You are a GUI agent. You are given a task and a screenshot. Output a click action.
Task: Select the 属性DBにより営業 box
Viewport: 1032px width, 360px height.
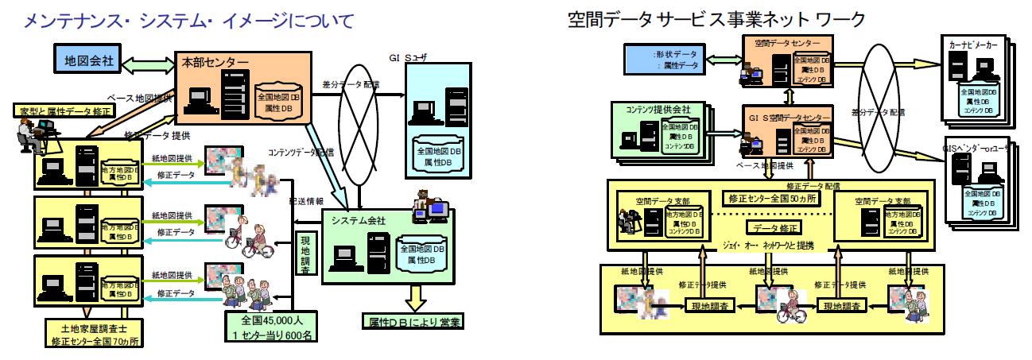tap(411, 323)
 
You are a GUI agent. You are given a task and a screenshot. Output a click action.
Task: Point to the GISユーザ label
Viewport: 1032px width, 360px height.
tap(408, 57)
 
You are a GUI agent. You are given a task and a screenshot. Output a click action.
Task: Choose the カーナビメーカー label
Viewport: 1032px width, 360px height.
tap(971, 46)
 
